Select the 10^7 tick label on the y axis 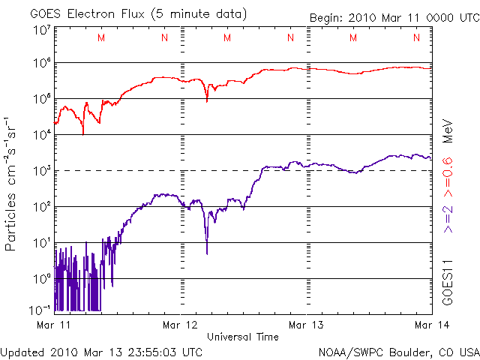pyautogui.click(x=41, y=30)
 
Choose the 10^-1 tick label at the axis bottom pyautogui.click(x=40, y=309)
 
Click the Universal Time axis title pyautogui.click(x=243, y=337)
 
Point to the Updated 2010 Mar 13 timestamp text pyautogui.click(x=101, y=351)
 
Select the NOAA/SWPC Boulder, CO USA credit pyautogui.click(x=398, y=351)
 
